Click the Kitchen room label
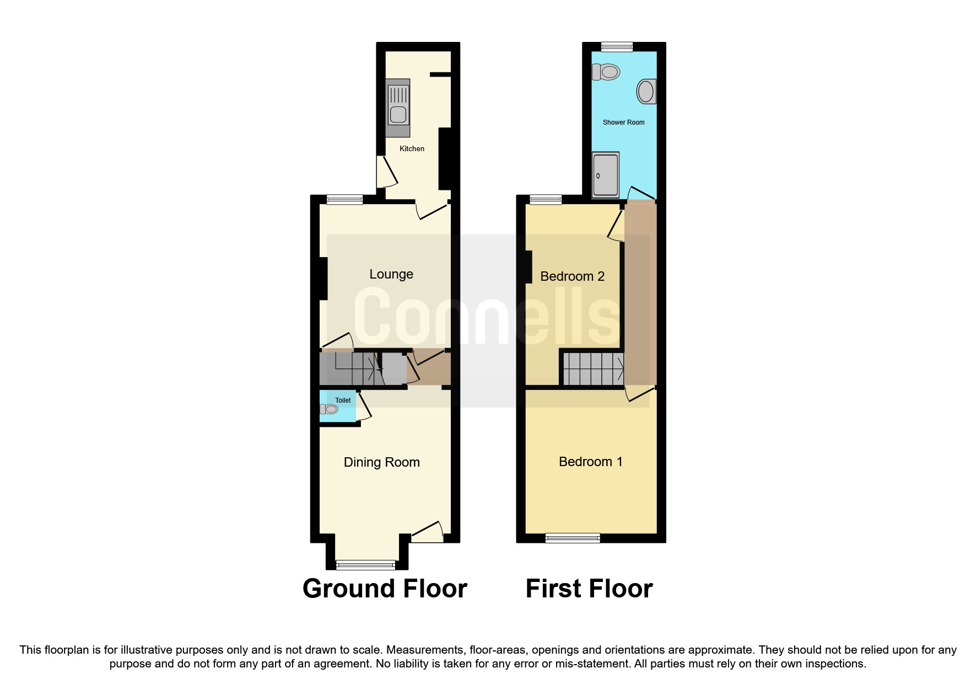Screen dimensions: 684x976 point(412,148)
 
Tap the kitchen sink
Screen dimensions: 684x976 point(398,108)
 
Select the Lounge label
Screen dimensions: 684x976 point(391,274)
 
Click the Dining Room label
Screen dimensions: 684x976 point(381,462)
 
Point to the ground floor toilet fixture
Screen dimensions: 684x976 point(329,409)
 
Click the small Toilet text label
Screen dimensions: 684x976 point(343,400)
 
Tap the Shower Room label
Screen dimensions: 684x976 point(623,122)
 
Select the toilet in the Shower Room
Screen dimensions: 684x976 point(606,72)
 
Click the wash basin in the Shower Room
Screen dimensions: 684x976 point(646,92)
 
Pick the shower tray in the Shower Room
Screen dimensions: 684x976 point(606,175)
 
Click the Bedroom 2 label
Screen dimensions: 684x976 point(572,276)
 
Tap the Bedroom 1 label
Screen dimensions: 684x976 point(590,462)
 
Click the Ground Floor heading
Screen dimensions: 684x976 point(385,589)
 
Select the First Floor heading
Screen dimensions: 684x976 point(589,589)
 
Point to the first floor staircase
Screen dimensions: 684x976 point(593,368)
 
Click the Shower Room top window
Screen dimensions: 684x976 point(617,47)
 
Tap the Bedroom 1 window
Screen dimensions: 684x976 point(573,538)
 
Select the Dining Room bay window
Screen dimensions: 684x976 point(365,564)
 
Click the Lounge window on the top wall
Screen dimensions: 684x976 point(344,200)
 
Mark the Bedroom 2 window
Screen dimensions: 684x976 point(546,200)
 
